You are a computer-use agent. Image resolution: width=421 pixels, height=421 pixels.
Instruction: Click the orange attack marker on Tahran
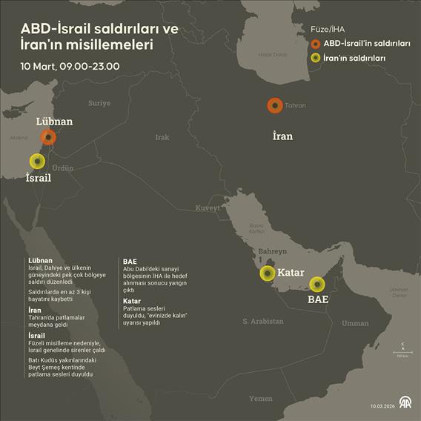pos(274,106)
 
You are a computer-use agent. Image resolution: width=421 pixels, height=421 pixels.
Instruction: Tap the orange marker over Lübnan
pos(49,136)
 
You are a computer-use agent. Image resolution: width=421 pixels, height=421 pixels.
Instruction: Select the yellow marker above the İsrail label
pos(36,161)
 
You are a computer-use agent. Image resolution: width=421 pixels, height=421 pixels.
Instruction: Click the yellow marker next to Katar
pos(267,274)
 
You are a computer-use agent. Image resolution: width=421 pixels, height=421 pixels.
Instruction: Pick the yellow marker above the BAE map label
pos(317,284)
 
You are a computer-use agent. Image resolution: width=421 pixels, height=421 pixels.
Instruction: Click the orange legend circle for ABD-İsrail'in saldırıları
pos(316,44)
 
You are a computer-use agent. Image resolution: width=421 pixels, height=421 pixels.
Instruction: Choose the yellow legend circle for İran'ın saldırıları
pos(316,58)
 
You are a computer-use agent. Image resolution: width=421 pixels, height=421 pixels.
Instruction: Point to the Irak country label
pos(162,137)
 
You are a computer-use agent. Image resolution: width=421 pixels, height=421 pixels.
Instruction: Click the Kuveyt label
pos(208,208)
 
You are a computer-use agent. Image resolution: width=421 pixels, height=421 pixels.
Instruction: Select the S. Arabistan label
pos(263,321)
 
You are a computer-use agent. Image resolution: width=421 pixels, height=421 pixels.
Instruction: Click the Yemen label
pos(261,398)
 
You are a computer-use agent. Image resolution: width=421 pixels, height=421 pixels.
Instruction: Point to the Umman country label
pos(356,323)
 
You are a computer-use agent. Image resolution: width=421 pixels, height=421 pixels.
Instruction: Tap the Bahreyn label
pos(272,252)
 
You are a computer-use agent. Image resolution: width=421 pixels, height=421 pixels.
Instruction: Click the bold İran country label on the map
pos(282,136)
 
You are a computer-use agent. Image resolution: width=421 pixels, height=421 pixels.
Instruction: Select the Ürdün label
pos(63,168)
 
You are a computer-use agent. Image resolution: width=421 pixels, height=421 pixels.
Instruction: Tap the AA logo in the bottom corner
pos(405,403)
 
